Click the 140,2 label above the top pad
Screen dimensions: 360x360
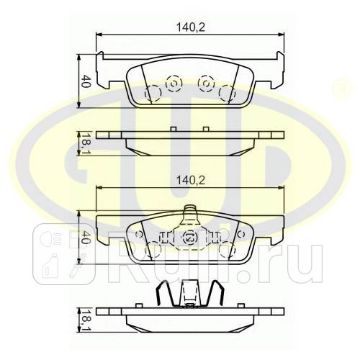click(x=191, y=27)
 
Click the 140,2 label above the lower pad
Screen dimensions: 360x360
click(x=191, y=180)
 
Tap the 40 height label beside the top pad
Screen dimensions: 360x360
click(x=86, y=81)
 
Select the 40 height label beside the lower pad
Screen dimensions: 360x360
click(x=85, y=238)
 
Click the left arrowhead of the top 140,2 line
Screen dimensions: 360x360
click(x=99, y=35)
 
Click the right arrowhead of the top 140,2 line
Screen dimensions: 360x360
click(x=281, y=35)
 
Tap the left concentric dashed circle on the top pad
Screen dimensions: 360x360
click(x=174, y=84)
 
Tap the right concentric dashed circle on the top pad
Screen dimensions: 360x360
click(x=206, y=84)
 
